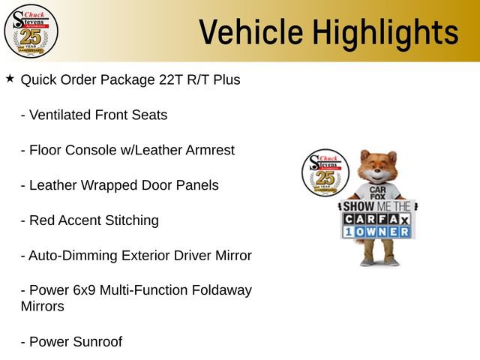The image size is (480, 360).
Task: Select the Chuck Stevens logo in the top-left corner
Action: pyautogui.click(x=31, y=31)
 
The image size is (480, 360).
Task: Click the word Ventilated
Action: pyautogui.click(x=60, y=115)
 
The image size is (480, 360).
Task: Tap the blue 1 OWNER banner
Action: pyautogui.click(x=377, y=232)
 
